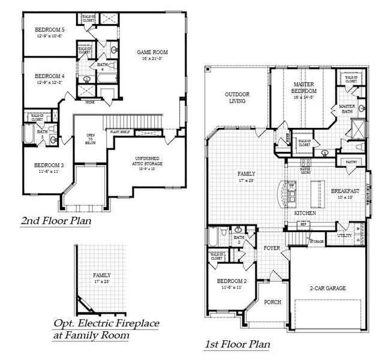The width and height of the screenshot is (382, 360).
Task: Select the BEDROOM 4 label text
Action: [49, 76]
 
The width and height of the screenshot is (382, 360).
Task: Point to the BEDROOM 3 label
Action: [49, 165]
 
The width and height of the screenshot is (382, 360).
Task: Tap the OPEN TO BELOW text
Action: [91, 139]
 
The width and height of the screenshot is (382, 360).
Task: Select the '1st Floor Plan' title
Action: [237, 344]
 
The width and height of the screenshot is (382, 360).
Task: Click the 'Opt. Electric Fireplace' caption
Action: [106, 324]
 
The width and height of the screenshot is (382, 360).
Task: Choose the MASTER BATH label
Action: [347, 109]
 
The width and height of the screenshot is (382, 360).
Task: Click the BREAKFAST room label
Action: [344, 191]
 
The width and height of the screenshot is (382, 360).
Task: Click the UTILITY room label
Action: [344, 236]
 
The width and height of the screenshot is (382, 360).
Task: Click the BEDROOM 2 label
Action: [231, 281]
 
